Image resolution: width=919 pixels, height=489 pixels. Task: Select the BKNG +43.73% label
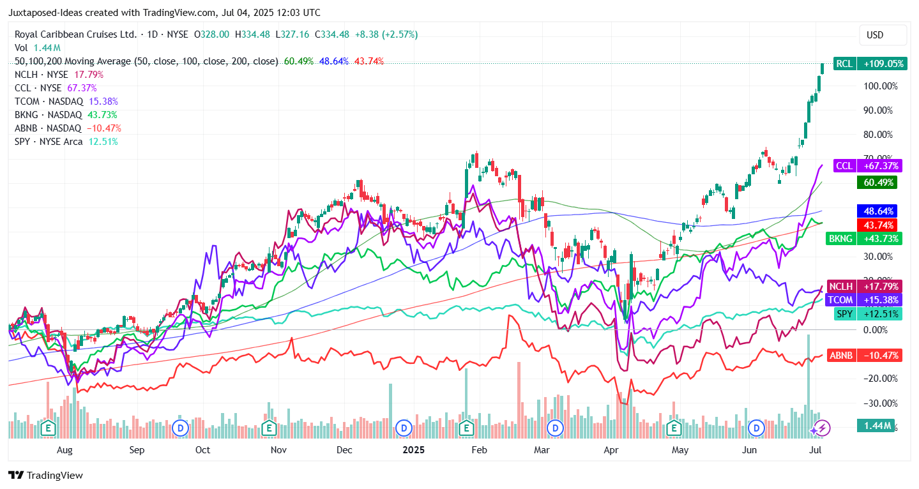[x=863, y=239]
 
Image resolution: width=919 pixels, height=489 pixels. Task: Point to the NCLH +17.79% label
[x=863, y=287]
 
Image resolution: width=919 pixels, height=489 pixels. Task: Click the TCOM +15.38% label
[x=863, y=300]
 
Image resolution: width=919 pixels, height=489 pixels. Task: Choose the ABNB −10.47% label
[x=864, y=356]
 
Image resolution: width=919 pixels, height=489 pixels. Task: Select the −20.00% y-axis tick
[x=880, y=379]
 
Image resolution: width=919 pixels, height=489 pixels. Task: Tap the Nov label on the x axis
[x=278, y=450]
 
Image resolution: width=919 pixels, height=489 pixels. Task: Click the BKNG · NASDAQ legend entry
[x=49, y=115]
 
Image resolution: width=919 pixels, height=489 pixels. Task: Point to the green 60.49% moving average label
[x=876, y=183]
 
